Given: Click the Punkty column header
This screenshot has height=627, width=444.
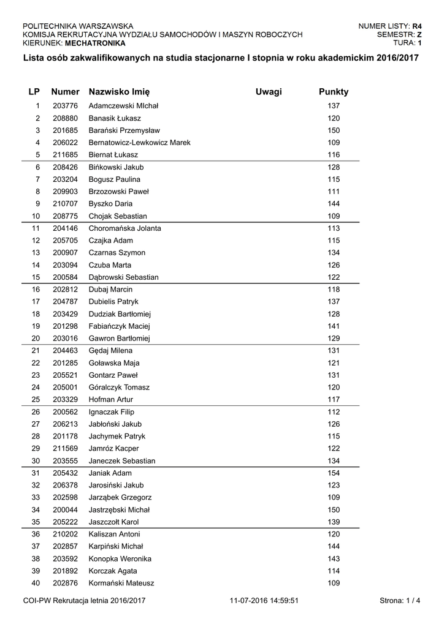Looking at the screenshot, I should click(x=333, y=92).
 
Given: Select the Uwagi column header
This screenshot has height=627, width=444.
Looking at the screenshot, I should click(x=269, y=92).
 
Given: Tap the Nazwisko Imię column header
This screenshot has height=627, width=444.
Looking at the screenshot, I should click(x=119, y=92).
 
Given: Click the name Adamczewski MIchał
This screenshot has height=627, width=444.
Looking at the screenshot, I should click(x=123, y=106).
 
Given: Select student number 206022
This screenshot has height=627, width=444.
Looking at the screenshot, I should click(x=64, y=143).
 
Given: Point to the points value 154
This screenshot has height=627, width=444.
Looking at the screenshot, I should click(x=333, y=473).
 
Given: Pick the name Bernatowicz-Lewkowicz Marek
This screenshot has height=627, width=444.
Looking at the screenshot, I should click(x=139, y=143).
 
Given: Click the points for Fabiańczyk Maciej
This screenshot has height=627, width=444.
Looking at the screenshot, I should click(x=333, y=326).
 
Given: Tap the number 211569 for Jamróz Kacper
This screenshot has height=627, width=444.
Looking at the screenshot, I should click(x=64, y=449).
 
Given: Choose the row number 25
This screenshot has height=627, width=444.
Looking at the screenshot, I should click(x=36, y=400).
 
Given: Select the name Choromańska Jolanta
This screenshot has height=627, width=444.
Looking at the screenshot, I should click(x=125, y=228).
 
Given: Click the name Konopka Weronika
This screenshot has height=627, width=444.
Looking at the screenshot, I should click(x=120, y=559).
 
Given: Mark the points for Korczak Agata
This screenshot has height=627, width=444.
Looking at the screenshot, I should click(x=333, y=571).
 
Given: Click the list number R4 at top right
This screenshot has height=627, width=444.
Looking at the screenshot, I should click(x=417, y=26).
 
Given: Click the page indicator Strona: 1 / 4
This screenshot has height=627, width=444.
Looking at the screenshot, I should click(x=400, y=601).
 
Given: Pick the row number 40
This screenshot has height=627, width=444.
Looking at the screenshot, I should click(x=36, y=584).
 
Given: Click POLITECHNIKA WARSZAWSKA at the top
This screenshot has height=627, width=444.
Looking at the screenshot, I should click(x=78, y=26).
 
